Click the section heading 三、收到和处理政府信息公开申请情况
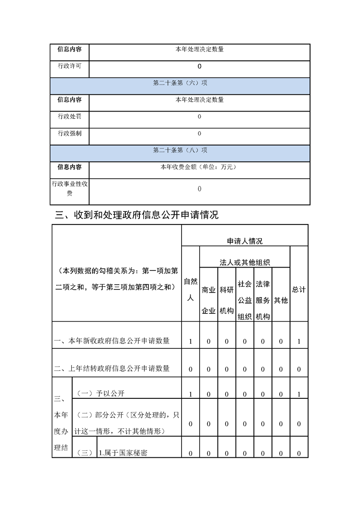pyautogui.click(x=137, y=215)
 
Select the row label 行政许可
pyautogui.click(x=69, y=66)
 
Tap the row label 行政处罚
pyautogui.click(x=69, y=117)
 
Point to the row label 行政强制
pyautogui.click(x=69, y=133)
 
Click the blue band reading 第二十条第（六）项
pyautogui.click(x=180, y=83)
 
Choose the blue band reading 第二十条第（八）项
pyautogui.click(x=180, y=150)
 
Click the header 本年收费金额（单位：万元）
pyautogui.click(x=199, y=167)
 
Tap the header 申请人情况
pyautogui.click(x=245, y=241)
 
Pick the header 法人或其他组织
pyautogui.click(x=245, y=262)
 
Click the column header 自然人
pyautogui.click(x=191, y=290)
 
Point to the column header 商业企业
pyautogui.click(x=208, y=300)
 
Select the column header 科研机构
pyautogui.click(x=227, y=300)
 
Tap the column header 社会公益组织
pyautogui.click(x=245, y=300)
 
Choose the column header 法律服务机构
pyautogui.click(x=263, y=300)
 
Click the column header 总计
pyautogui.click(x=299, y=289)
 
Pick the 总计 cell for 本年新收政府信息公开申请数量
pyautogui.click(x=299, y=341)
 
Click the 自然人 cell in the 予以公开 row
pyautogui.click(x=191, y=394)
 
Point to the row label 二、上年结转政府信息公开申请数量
pyautogui.click(x=112, y=368)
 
